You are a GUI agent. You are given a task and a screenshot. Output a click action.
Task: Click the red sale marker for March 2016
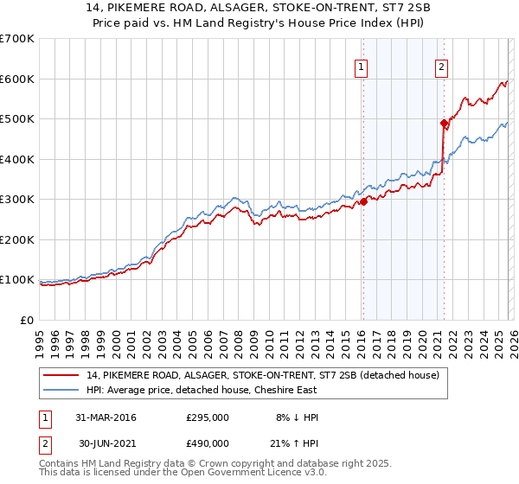pyautogui.click(x=363, y=201)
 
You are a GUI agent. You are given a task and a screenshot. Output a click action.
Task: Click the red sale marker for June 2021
pyautogui.click(x=444, y=123)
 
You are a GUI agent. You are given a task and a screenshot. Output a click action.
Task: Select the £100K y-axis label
pyautogui.click(x=16, y=280)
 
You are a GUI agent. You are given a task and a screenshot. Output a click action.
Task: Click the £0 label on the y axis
pyautogui.click(x=26, y=321)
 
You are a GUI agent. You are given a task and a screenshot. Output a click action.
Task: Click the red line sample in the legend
pyautogui.click(x=61, y=375)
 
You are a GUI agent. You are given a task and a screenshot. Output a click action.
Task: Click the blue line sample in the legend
pyautogui.click(x=61, y=390)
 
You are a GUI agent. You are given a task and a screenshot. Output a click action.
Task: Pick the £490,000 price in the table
pyautogui.click(x=208, y=445)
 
